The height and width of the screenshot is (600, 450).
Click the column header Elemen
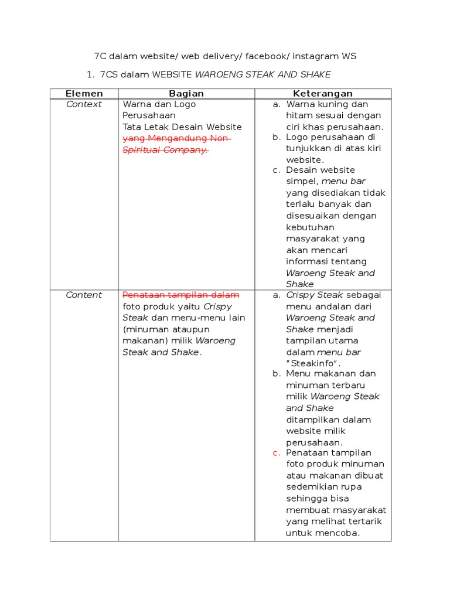click(84, 94)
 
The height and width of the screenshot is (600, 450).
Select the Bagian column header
click(186, 94)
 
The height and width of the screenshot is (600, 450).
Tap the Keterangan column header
click(323, 94)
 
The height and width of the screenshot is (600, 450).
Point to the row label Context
click(84, 104)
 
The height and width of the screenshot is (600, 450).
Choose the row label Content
click(84, 295)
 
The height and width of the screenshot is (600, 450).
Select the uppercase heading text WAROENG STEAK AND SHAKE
click(262, 74)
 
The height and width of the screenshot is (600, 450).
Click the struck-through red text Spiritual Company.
click(165, 150)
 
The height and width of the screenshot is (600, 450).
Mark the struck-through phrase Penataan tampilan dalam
click(180, 295)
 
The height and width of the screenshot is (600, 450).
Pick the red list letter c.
click(275, 453)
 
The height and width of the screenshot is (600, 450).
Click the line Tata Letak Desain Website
click(182, 127)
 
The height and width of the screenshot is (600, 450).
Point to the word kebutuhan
click(310, 227)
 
